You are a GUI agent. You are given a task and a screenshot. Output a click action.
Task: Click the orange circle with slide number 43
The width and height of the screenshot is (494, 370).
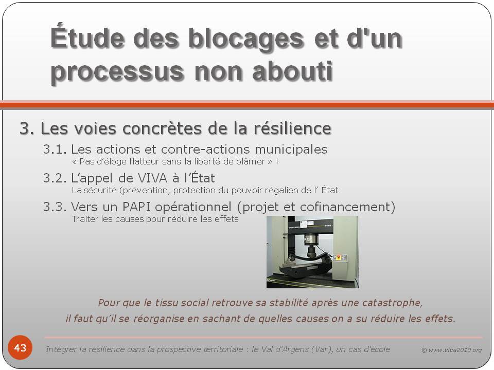pos(20,347)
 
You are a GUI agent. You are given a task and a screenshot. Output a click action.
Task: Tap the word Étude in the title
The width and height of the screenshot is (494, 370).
pos(87,38)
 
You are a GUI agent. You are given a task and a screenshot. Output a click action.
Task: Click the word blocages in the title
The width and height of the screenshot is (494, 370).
pos(246,39)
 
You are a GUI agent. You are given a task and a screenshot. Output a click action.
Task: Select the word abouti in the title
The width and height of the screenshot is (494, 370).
pos(292,71)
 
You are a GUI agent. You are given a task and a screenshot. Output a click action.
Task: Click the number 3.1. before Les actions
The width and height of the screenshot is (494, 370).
pos(55,150)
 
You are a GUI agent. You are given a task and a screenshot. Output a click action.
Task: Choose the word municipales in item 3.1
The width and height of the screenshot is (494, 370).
pos(291,150)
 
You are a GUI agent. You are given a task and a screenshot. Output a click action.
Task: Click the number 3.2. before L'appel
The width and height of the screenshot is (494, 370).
pos(55,178)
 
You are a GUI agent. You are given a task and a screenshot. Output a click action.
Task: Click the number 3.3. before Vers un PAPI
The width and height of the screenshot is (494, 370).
pos(55,207)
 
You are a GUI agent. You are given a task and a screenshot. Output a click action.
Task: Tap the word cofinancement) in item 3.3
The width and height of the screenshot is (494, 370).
pos(347,207)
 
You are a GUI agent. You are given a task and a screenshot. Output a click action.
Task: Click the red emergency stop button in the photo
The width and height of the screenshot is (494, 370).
pos(339,257)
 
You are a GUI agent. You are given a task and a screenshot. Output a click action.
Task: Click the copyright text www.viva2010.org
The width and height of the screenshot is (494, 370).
pos(455,350)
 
